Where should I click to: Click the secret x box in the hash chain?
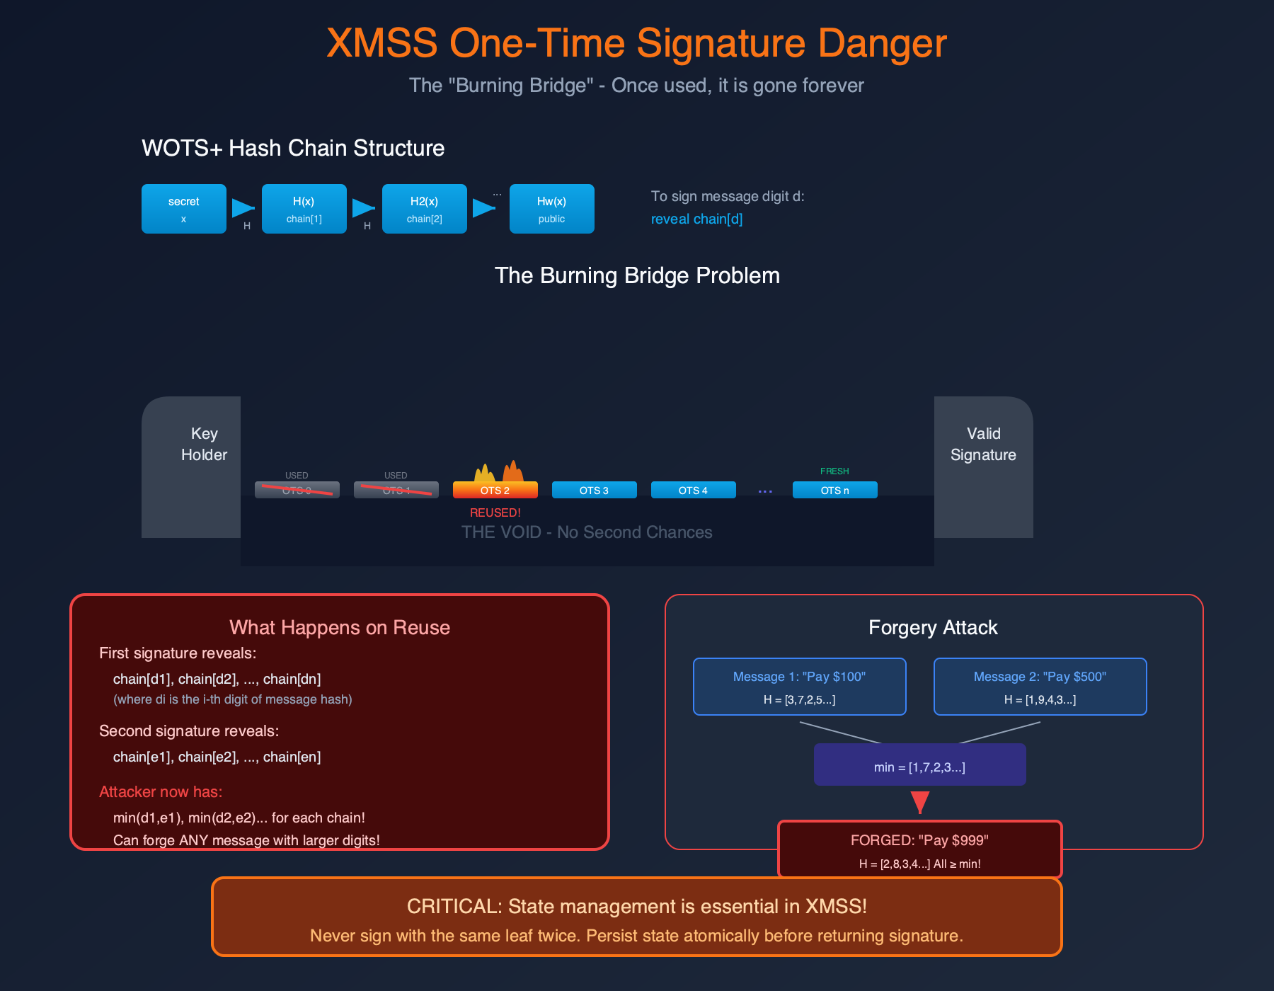coord(183,209)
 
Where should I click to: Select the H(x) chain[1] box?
coord(304,209)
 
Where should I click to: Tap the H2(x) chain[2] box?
coord(424,209)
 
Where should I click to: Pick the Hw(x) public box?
coord(551,209)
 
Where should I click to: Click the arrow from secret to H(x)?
coord(243,208)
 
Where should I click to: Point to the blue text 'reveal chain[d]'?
coord(696,219)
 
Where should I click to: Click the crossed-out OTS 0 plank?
coord(297,490)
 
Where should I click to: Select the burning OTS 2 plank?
coord(495,490)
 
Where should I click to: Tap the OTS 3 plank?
coord(594,490)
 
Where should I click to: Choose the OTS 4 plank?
coord(693,490)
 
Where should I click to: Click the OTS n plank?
coord(834,490)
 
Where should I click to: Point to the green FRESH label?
coord(834,471)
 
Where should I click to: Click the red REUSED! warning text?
coord(495,512)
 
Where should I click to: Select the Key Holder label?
coord(204,444)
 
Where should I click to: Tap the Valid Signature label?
coord(983,444)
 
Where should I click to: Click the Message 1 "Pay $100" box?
coord(799,687)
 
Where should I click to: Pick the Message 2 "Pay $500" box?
coord(1040,687)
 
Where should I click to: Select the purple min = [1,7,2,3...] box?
coord(919,764)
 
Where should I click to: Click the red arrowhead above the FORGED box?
coord(919,802)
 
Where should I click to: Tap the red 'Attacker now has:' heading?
coord(161,791)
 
